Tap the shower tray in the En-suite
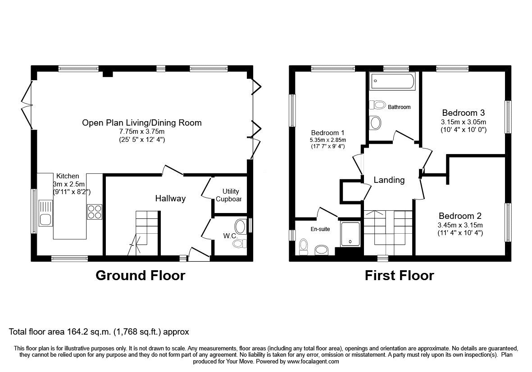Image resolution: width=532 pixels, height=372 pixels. tap(350, 234)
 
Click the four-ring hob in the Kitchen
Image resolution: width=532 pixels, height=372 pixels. tap(94, 212)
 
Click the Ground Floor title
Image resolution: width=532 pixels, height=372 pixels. tap(140, 275)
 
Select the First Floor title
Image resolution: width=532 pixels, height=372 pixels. tap(399, 275)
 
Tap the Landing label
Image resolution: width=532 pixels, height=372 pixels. tap(389, 180)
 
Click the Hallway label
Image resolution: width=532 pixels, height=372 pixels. tap(170, 198)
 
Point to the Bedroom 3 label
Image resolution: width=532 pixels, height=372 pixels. tap(463, 113)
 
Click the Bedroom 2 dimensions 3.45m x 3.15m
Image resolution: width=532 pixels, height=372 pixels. tap(460, 225)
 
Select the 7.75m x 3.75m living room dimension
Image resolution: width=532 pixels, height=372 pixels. tap(141, 131)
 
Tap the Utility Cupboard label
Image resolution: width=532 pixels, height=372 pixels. tap(230, 195)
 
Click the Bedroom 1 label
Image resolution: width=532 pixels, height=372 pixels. tap(327, 132)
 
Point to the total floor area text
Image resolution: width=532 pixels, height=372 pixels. tap(99, 332)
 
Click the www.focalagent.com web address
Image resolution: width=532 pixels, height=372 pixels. tap(313, 361)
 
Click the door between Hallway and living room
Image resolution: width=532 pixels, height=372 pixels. tap(173, 170)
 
